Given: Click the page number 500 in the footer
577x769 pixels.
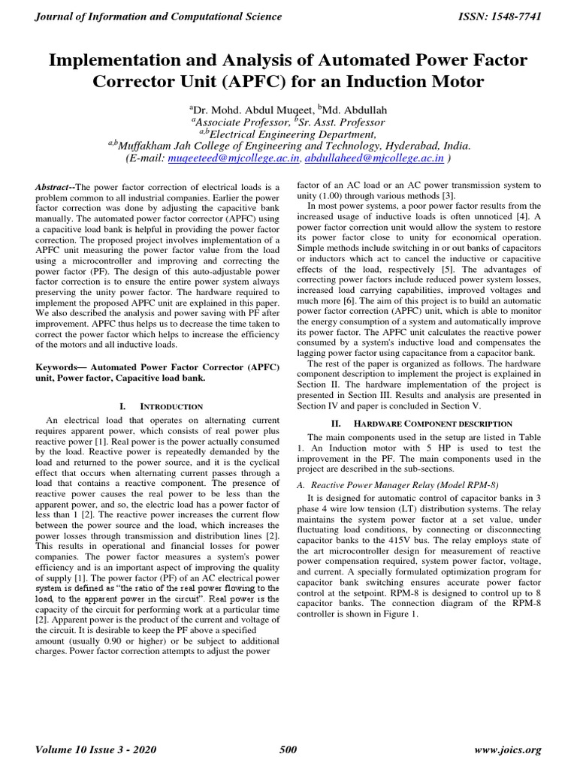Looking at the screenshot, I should coord(288,749).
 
